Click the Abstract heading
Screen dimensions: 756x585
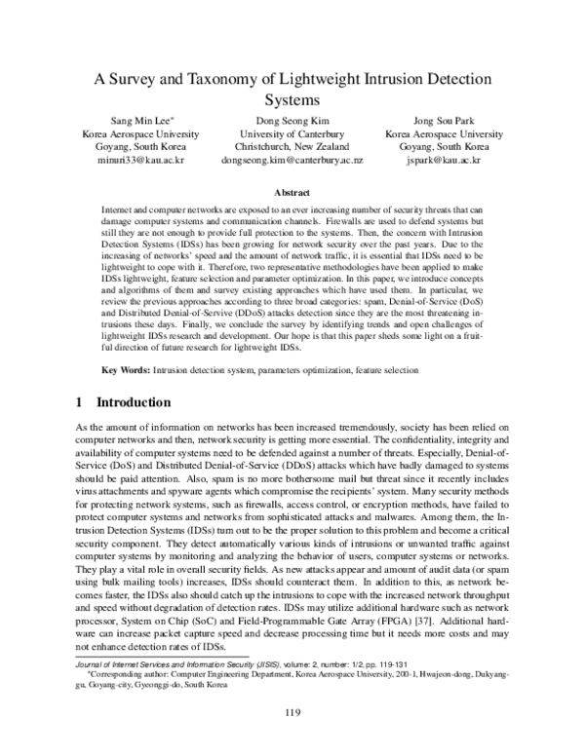click(x=292, y=194)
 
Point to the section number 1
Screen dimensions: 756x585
click(x=79, y=402)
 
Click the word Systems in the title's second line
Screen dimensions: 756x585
click(x=292, y=99)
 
